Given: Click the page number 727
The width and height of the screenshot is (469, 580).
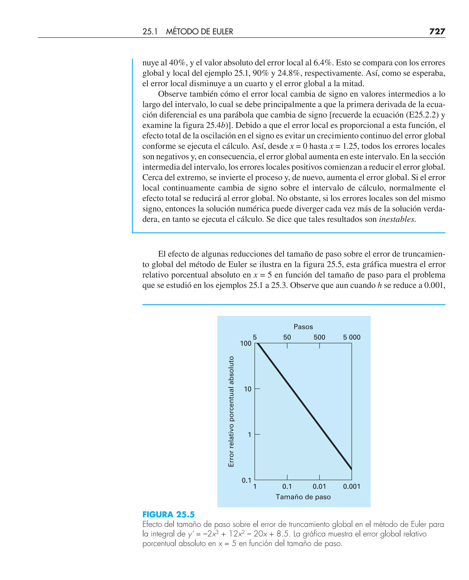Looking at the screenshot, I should [x=437, y=32].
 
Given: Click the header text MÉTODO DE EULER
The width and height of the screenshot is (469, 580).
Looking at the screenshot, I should [x=199, y=32].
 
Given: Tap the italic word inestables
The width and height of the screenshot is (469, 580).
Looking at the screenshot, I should [x=397, y=219].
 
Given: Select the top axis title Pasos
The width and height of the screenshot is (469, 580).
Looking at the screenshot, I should [x=303, y=327].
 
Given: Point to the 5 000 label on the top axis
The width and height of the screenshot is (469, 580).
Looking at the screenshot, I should [x=352, y=337].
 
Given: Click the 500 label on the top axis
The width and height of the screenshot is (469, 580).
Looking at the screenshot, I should [x=319, y=337].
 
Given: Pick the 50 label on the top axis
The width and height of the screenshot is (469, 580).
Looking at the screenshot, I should [x=287, y=337].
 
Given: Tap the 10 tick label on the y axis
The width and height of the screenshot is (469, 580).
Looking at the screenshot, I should [x=248, y=389].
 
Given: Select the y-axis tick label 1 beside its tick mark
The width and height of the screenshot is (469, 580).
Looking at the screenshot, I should [x=249, y=435].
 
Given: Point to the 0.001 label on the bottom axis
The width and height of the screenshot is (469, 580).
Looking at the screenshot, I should [x=352, y=486].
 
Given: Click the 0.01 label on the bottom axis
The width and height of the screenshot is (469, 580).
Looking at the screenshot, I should [x=319, y=486].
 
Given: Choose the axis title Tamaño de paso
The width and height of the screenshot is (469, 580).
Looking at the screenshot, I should [x=303, y=497].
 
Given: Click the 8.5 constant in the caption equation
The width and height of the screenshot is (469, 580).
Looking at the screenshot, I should [x=283, y=534].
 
